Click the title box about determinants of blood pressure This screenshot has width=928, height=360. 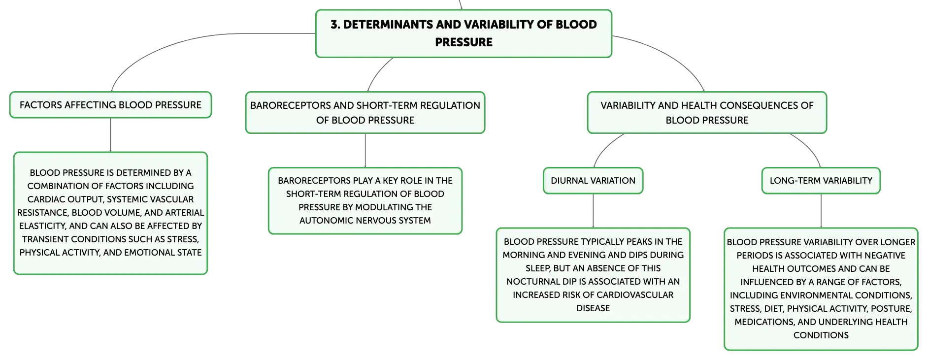(x=464, y=33)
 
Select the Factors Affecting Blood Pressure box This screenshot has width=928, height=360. (x=110, y=105)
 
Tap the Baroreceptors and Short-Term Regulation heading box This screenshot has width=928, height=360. (x=365, y=112)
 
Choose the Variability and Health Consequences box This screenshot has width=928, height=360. (x=707, y=112)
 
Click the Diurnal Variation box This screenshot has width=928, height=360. (x=593, y=181)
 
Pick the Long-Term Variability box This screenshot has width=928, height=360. (x=821, y=181)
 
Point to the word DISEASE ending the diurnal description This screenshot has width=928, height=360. (x=593, y=308)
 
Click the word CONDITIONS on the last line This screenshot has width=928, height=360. (x=821, y=335)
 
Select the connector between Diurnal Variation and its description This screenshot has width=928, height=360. (x=593, y=211)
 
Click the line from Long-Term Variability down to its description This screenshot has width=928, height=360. (x=821, y=211)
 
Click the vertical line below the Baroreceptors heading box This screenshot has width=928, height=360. (x=365, y=151)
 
